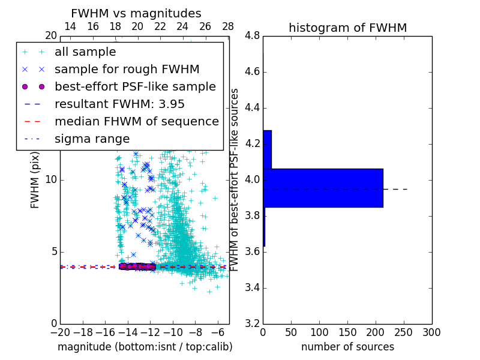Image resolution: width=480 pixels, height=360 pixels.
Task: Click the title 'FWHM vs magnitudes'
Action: (x=136, y=13)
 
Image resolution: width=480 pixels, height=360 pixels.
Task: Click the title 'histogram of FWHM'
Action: (x=347, y=28)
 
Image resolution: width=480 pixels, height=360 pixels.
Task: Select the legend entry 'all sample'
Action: (x=85, y=52)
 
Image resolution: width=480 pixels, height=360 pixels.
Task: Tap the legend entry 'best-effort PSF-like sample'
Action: (x=135, y=87)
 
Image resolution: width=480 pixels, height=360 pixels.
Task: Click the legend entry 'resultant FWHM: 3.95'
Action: (x=119, y=104)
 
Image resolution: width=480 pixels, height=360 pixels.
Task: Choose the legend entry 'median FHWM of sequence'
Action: (x=136, y=122)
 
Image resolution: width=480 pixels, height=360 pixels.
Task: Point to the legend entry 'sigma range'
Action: (x=92, y=139)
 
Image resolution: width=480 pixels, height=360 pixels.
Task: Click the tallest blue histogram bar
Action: (x=323, y=188)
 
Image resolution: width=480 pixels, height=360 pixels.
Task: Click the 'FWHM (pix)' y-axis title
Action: (x=35, y=180)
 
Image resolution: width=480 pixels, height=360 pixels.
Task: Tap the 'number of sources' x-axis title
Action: (x=347, y=347)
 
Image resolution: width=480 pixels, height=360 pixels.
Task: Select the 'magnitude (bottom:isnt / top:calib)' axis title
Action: (x=145, y=347)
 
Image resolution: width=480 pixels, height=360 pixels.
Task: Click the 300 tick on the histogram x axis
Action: (x=431, y=332)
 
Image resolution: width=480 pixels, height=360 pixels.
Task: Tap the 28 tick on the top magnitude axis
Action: (x=228, y=26)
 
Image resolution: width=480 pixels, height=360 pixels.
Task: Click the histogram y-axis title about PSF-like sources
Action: (x=235, y=180)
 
